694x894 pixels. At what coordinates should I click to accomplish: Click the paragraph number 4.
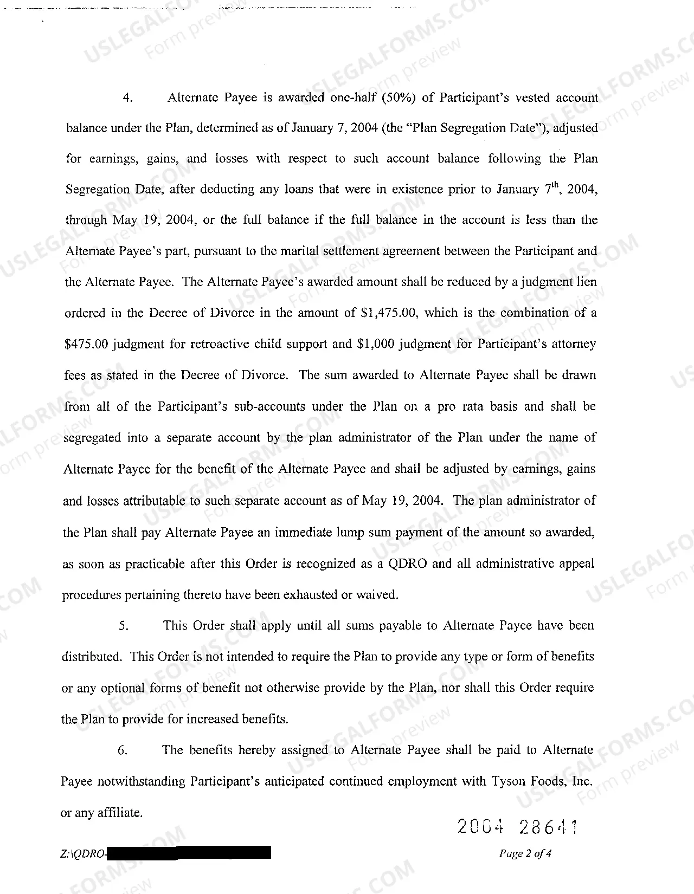pyautogui.click(x=128, y=98)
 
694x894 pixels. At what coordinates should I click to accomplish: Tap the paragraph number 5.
pyautogui.click(x=124, y=626)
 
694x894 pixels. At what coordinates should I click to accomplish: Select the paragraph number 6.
pyautogui.click(x=123, y=751)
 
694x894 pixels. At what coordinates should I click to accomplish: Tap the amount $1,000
pyautogui.click(x=376, y=345)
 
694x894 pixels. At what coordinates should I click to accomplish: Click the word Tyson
pyautogui.click(x=508, y=782)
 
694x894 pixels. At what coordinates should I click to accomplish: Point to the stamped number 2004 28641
pyautogui.click(x=518, y=827)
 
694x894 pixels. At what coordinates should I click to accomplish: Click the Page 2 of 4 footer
pyautogui.click(x=525, y=854)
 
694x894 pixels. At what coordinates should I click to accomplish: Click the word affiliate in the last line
pyautogui.click(x=119, y=813)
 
